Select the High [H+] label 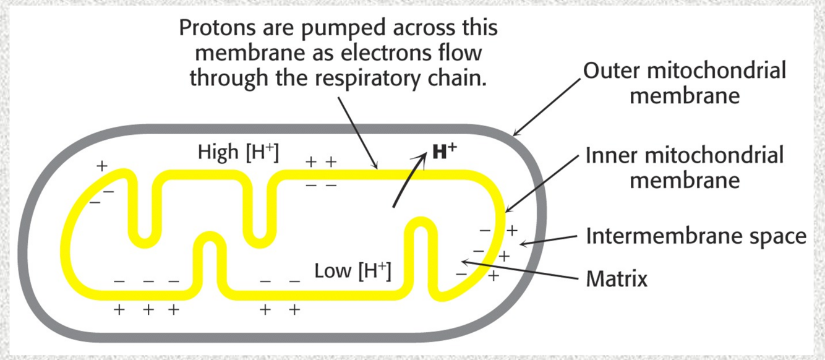(x=238, y=153)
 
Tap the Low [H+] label (x=353, y=271)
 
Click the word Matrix (x=616, y=279)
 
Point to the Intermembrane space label (x=696, y=236)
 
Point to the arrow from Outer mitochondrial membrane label (x=547, y=105)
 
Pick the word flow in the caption (x=458, y=54)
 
